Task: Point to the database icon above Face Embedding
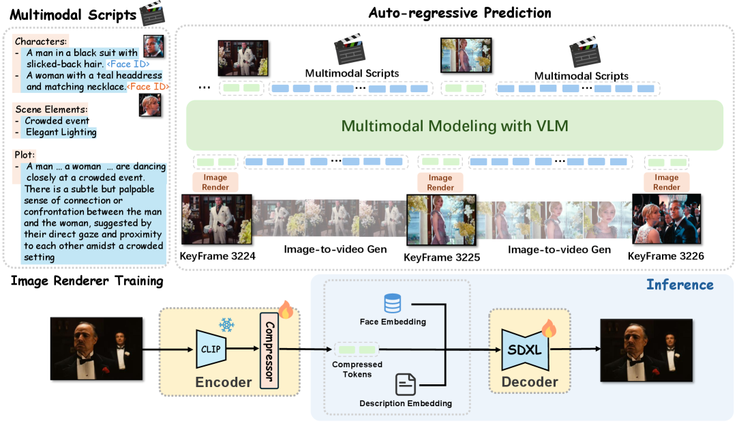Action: (392, 303)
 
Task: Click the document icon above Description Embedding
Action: (406, 385)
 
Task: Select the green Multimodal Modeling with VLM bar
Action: (454, 126)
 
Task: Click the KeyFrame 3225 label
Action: (442, 257)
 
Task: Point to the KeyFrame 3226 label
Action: (666, 256)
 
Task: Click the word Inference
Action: (680, 285)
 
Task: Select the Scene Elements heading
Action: (51, 109)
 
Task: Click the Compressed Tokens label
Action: (357, 369)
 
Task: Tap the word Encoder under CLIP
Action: (224, 382)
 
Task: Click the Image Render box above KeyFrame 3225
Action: (440, 182)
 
